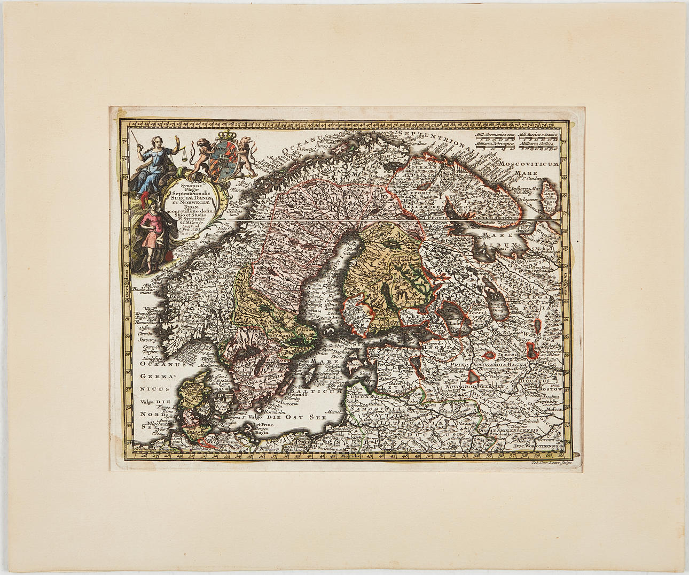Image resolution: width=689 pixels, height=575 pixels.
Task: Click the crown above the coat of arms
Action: coord(224,134)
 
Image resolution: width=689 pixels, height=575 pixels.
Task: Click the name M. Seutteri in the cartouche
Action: coord(192,218)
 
